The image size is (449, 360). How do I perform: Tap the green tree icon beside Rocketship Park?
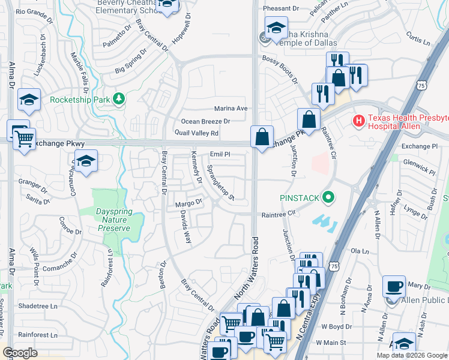pyautogui.click(x=119, y=98)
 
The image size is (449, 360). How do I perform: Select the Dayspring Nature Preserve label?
pyautogui.click(x=113, y=220)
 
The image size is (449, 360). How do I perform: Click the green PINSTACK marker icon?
pyautogui.click(x=328, y=197)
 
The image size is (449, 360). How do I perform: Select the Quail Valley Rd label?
pyautogui.click(x=196, y=133)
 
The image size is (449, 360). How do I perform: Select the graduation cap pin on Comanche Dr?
pyautogui.click(x=86, y=161)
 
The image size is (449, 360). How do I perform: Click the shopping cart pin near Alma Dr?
pyautogui.click(x=24, y=140)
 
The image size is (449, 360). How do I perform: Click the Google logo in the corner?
pyautogui.click(x=20, y=353)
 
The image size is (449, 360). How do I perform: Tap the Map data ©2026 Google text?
pyautogui.click(x=411, y=355)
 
